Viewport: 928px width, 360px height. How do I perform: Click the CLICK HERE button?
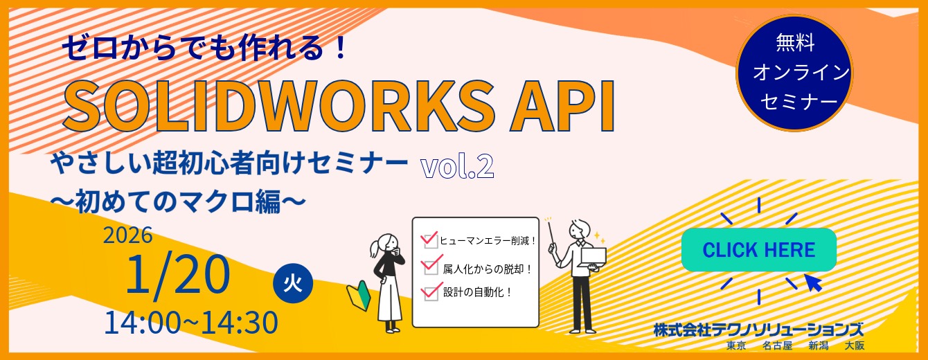tap(758, 250)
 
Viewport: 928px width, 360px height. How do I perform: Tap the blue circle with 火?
tap(293, 284)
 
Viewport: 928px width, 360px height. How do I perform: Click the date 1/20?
tap(177, 275)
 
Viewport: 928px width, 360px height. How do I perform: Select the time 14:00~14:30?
tap(190, 323)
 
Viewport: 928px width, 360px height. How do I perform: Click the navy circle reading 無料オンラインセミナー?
tap(794, 72)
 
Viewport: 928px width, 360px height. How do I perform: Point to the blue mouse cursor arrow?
tap(812, 282)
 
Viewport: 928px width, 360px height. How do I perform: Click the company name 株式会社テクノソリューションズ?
tap(758, 330)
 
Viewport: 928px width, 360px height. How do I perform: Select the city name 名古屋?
tap(777, 345)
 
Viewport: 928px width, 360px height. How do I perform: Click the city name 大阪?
tap(855, 345)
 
